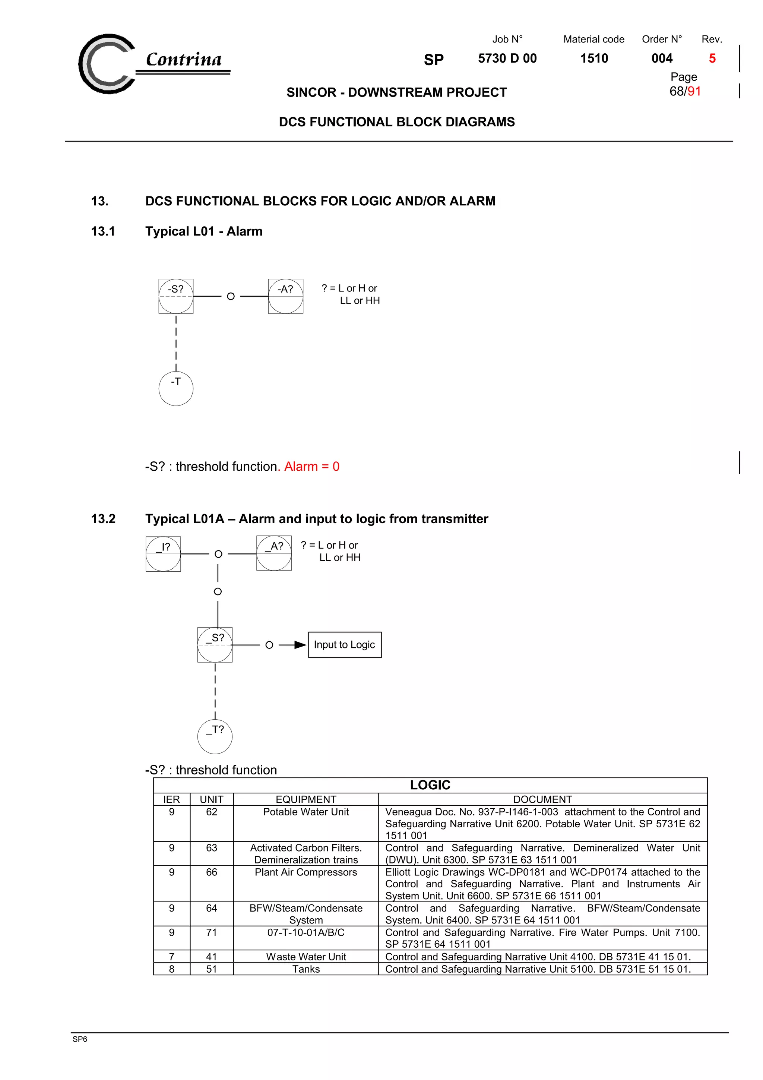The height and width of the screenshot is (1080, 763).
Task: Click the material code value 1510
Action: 594,59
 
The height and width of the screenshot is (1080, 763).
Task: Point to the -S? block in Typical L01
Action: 176,296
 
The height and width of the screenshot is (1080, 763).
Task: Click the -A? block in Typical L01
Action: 285,296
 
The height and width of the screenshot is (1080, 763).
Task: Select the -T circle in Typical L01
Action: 176,389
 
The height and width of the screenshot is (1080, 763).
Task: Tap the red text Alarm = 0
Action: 312,466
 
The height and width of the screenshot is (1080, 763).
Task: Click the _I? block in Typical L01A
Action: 163,554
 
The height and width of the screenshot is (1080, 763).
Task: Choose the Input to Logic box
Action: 345,644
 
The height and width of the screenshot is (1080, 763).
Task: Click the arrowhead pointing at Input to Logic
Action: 300,644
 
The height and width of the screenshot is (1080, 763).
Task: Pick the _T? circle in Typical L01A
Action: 215,736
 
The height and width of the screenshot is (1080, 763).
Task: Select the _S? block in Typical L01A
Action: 215,644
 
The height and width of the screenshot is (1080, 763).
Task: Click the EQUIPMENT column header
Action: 305,799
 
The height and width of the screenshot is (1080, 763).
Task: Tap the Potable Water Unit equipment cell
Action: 305,812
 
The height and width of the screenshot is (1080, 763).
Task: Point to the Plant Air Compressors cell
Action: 305,872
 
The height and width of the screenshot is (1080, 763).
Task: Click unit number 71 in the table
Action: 212,932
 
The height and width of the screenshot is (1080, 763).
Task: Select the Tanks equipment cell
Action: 305,969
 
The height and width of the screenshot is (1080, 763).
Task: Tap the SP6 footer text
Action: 80,1039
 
